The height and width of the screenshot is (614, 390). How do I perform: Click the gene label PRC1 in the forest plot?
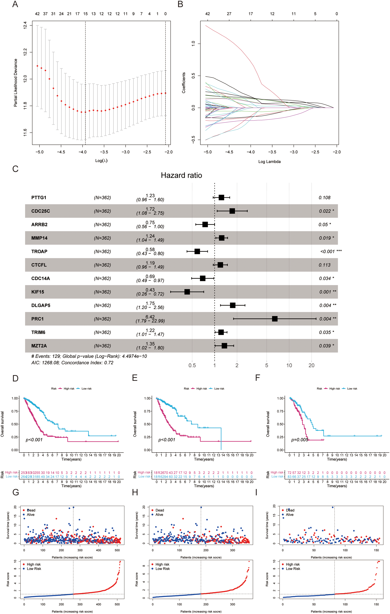tap(37, 319)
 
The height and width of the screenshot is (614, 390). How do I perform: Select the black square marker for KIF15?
tap(187, 292)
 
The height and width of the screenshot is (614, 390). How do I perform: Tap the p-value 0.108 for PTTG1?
tap(324, 198)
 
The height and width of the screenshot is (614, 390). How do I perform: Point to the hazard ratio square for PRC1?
tap(275, 319)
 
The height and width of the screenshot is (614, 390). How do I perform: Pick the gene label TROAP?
tap(39, 251)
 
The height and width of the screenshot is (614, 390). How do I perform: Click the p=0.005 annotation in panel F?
tap(300, 440)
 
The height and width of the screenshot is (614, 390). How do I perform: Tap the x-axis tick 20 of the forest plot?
tap(311, 365)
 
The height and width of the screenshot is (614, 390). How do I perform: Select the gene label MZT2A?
tap(39, 346)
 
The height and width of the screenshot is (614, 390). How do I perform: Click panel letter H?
tap(135, 492)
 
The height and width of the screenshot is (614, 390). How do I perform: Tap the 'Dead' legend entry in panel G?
tap(31, 510)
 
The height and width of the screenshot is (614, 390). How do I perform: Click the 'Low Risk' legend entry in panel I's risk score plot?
tap(293, 569)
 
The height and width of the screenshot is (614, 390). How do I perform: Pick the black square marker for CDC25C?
tap(232, 211)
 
